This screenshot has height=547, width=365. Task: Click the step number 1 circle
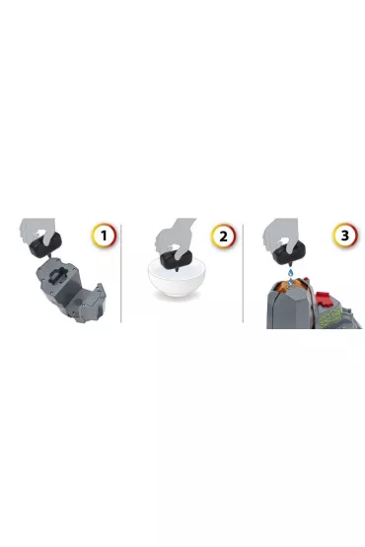pos(104,236)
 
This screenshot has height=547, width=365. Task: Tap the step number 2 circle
pos(223,236)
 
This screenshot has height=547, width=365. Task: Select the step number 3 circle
pos(344,236)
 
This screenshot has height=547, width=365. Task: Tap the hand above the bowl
pos(174,237)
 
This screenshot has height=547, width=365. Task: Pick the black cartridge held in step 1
pos(45,243)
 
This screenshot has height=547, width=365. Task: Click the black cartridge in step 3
pos(289,252)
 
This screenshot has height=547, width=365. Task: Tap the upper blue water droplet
pos(290,272)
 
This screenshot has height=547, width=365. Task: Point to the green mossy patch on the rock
pos(331,316)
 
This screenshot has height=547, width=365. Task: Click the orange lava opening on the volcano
pos(289,285)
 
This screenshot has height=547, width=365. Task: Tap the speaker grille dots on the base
pos(78,302)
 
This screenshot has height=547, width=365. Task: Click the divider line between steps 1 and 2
pos(121,274)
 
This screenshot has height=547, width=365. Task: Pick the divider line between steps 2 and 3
pos(243,274)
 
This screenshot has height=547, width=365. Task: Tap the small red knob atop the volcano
pos(306,280)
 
